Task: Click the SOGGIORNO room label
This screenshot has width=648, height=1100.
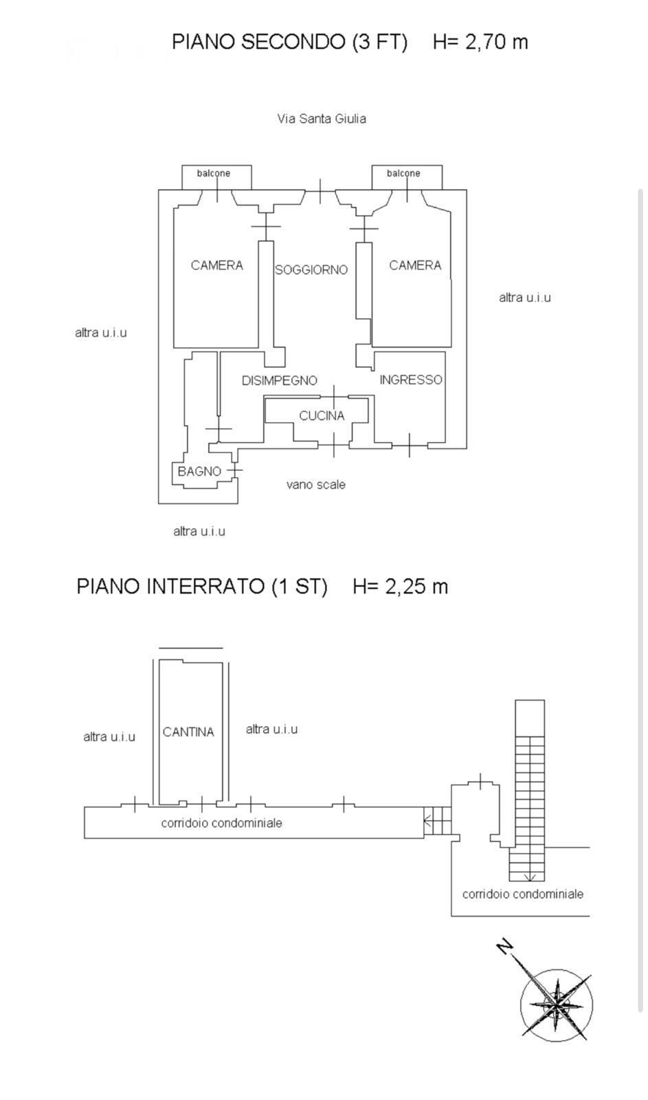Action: pyautogui.click(x=311, y=270)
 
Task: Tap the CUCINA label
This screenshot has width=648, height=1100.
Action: pyautogui.click(x=322, y=415)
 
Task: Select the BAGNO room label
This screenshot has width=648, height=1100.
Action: pyautogui.click(x=199, y=471)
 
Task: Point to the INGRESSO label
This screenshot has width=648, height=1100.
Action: pyautogui.click(x=411, y=379)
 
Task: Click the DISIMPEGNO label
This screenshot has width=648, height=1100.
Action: pyautogui.click(x=279, y=380)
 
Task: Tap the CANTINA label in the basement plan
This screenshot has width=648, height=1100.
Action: pyautogui.click(x=188, y=732)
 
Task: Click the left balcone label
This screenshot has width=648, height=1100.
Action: pyautogui.click(x=214, y=173)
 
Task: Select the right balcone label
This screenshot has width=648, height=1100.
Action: pyautogui.click(x=403, y=173)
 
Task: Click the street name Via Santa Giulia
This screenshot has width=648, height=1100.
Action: pyautogui.click(x=322, y=118)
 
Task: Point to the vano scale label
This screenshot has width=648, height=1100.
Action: pyautogui.click(x=316, y=485)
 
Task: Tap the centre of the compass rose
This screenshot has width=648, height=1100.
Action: pyautogui.click(x=556, y=1004)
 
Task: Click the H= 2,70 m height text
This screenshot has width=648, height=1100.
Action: pyautogui.click(x=480, y=42)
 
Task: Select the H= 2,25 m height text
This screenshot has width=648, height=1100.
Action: pyautogui.click(x=400, y=586)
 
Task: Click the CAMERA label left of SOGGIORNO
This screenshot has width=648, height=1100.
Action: pyautogui.click(x=216, y=265)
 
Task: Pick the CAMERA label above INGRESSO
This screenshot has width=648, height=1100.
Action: pyautogui.click(x=415, y=265)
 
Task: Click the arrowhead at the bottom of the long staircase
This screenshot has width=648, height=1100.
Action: pyautogui.click(x=530, y=877)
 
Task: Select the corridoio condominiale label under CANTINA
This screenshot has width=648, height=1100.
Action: pyautogui.click(x=221, y=823)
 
